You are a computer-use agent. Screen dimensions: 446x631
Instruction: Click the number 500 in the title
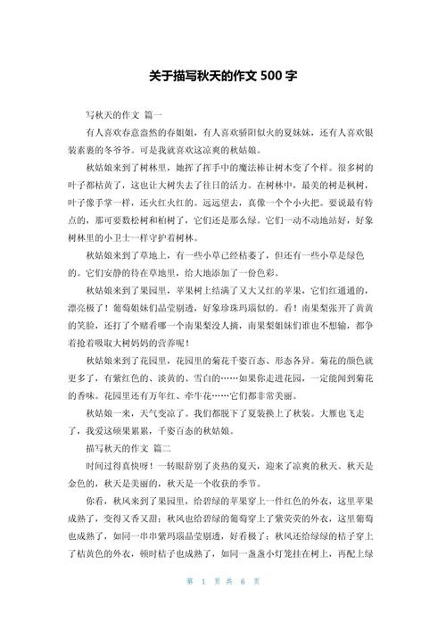pos(268,77)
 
